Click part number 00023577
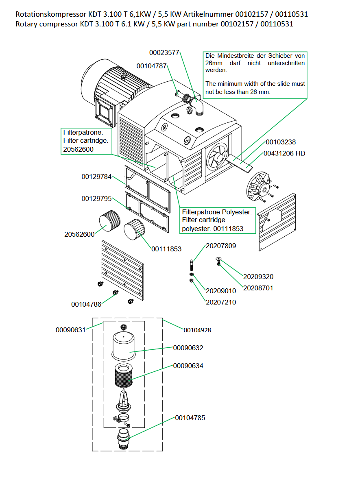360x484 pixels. click(164, 52)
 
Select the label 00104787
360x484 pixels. click(151, 66)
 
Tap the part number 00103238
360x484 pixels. click(281, 142)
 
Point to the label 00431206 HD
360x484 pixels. click(284, 153)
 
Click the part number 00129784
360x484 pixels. click(96, 177)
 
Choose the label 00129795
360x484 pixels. click(96, 198)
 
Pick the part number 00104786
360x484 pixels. click(86, 304)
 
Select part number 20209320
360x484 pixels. click(258, 277)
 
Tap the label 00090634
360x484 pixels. click(188, 366)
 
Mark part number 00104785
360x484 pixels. click(190, 418)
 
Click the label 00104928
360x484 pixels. click(197, 330)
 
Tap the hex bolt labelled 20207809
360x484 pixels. click(192, 266)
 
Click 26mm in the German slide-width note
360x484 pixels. click(211, 63)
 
